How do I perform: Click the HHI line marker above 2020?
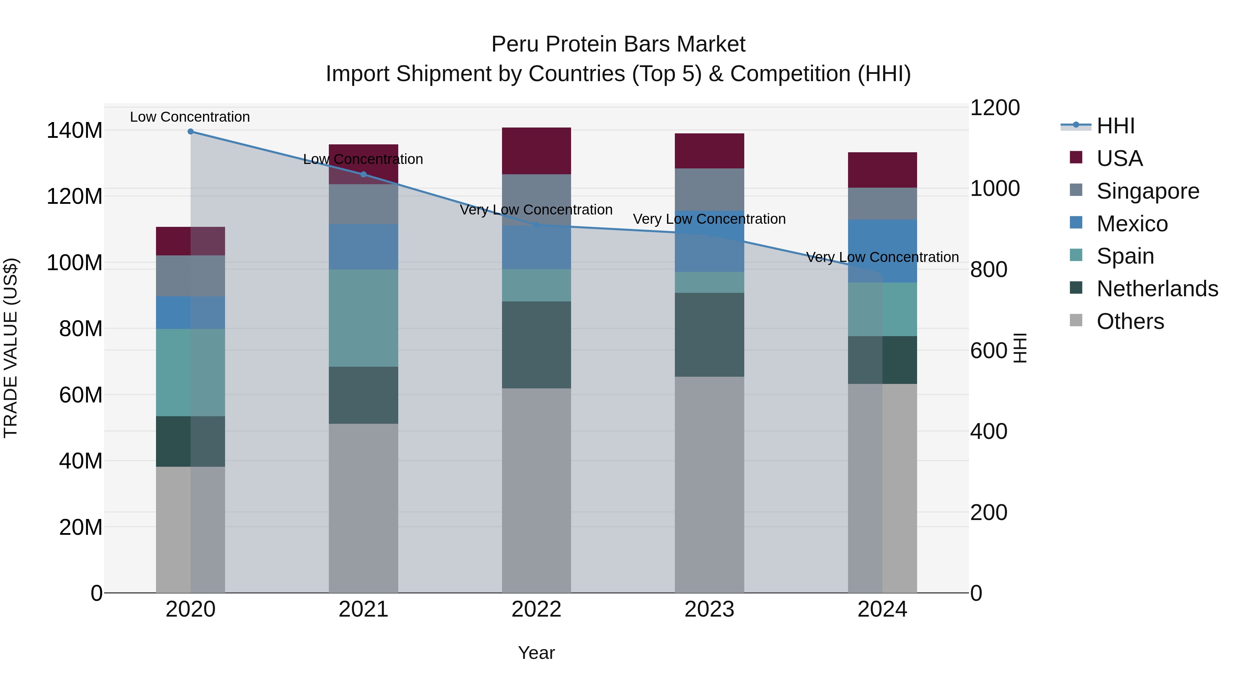coord(191,132)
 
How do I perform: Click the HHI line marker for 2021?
coord(364,174)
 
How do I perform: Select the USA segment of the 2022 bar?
coord(536,151)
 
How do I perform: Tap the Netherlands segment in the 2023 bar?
coord(709,335)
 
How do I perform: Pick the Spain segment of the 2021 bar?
coord(364,318)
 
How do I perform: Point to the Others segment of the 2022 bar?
coord(536,490)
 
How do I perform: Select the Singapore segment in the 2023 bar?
coord(709,189)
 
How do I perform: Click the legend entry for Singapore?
coord(1147,191)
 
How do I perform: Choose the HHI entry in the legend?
coord(1115,126)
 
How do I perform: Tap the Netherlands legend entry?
coord(1157,289)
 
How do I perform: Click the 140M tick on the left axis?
coord(75,131)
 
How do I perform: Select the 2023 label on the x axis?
coord(709,609)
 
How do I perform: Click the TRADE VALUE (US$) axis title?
coord(11,348)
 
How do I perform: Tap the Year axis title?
coord(536,653)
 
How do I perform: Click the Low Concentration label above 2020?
coord(190,117)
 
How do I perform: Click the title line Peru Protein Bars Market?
coord(618,44)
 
